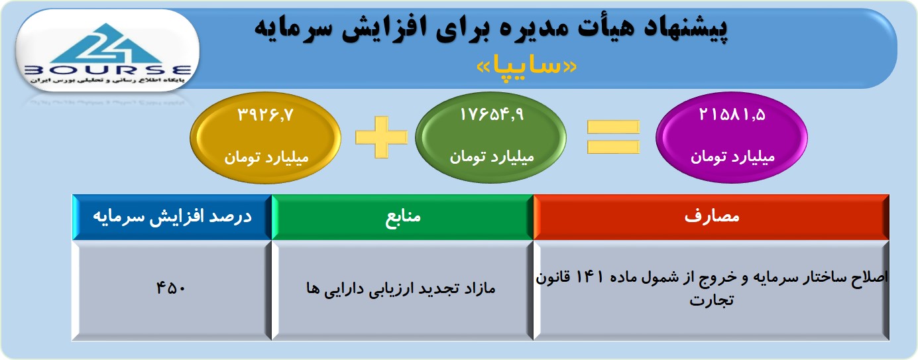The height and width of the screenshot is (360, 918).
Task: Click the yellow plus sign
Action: [x=381, y=137]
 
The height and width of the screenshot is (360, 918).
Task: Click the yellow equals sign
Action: [x=613, y=137]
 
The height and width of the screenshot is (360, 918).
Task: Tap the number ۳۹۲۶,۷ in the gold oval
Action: [x=266, y=115]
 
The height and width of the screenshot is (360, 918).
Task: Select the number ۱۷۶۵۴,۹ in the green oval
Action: [x=492, y=115]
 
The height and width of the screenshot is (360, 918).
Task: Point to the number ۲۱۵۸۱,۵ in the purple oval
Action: [x=732, y=115]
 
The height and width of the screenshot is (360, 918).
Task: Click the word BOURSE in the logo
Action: [x=107, y=70]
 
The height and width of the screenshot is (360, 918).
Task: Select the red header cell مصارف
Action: [x=711, y=217]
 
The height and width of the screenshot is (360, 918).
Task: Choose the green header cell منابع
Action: [x=402, y=217]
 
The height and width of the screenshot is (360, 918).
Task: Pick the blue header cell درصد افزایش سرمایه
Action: [x=172, y=217]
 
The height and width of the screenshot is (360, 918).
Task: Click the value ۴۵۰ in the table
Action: [x=171, y=288]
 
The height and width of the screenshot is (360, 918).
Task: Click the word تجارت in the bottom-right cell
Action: [x=711, y=300]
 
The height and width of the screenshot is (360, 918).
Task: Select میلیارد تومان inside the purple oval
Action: [x=732, y=157]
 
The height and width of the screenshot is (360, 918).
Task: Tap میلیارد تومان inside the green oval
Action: [x=492, y=157]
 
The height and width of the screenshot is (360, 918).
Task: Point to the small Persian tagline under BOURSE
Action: [x=107, y=80]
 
